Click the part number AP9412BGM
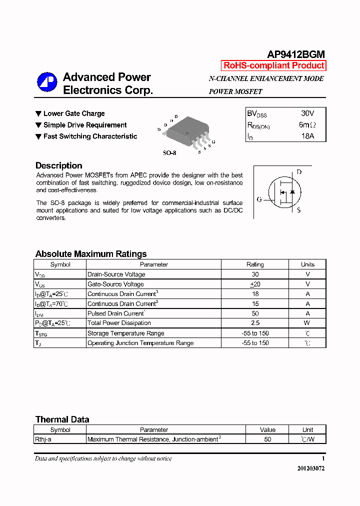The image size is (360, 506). point(296,54)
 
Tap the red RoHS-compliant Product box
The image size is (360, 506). point(273,65)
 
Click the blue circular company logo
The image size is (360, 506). point(47,82)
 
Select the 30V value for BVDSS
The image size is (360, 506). point(307,113)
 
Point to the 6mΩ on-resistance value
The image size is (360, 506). point(307,125)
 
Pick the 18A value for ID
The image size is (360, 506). point(307,136)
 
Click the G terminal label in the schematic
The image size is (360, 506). point(259,199)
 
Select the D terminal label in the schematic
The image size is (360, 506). point(299,172)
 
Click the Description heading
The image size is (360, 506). point(58,165)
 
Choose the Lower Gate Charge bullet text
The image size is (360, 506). point(74,113)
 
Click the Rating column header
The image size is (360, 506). point(255,264)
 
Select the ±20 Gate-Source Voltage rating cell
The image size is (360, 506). point(255,284)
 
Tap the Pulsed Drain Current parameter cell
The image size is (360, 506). point(116,313)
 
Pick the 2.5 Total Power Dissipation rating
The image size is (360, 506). point(255,323)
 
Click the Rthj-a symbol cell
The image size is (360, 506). point(43,439)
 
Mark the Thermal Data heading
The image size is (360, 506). point(62,419)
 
